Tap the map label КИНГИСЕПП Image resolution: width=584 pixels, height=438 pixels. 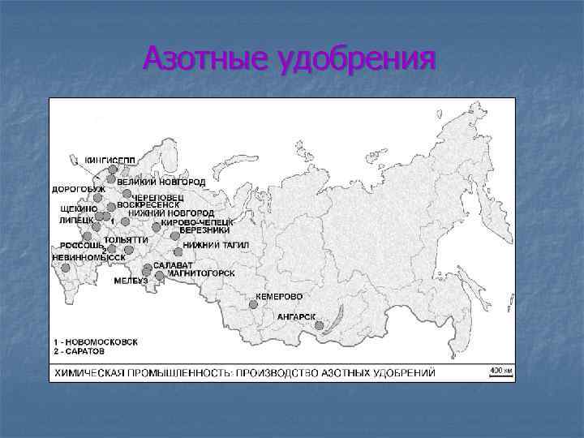[x=109, y=159]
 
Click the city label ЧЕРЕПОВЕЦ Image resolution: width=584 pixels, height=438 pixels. [x=158, y=196]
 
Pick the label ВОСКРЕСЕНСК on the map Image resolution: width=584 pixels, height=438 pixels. [x=148, y=204]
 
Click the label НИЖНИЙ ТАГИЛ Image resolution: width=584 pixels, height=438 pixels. [x=215, y=244]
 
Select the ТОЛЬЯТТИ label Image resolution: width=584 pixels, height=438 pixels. [x=126, y=239]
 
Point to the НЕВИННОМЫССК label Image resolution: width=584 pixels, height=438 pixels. [x=88, y=256]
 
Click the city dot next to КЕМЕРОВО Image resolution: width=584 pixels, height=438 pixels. [x=253, y=304]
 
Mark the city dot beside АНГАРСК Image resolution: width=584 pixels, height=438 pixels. [x=319, y=325]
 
